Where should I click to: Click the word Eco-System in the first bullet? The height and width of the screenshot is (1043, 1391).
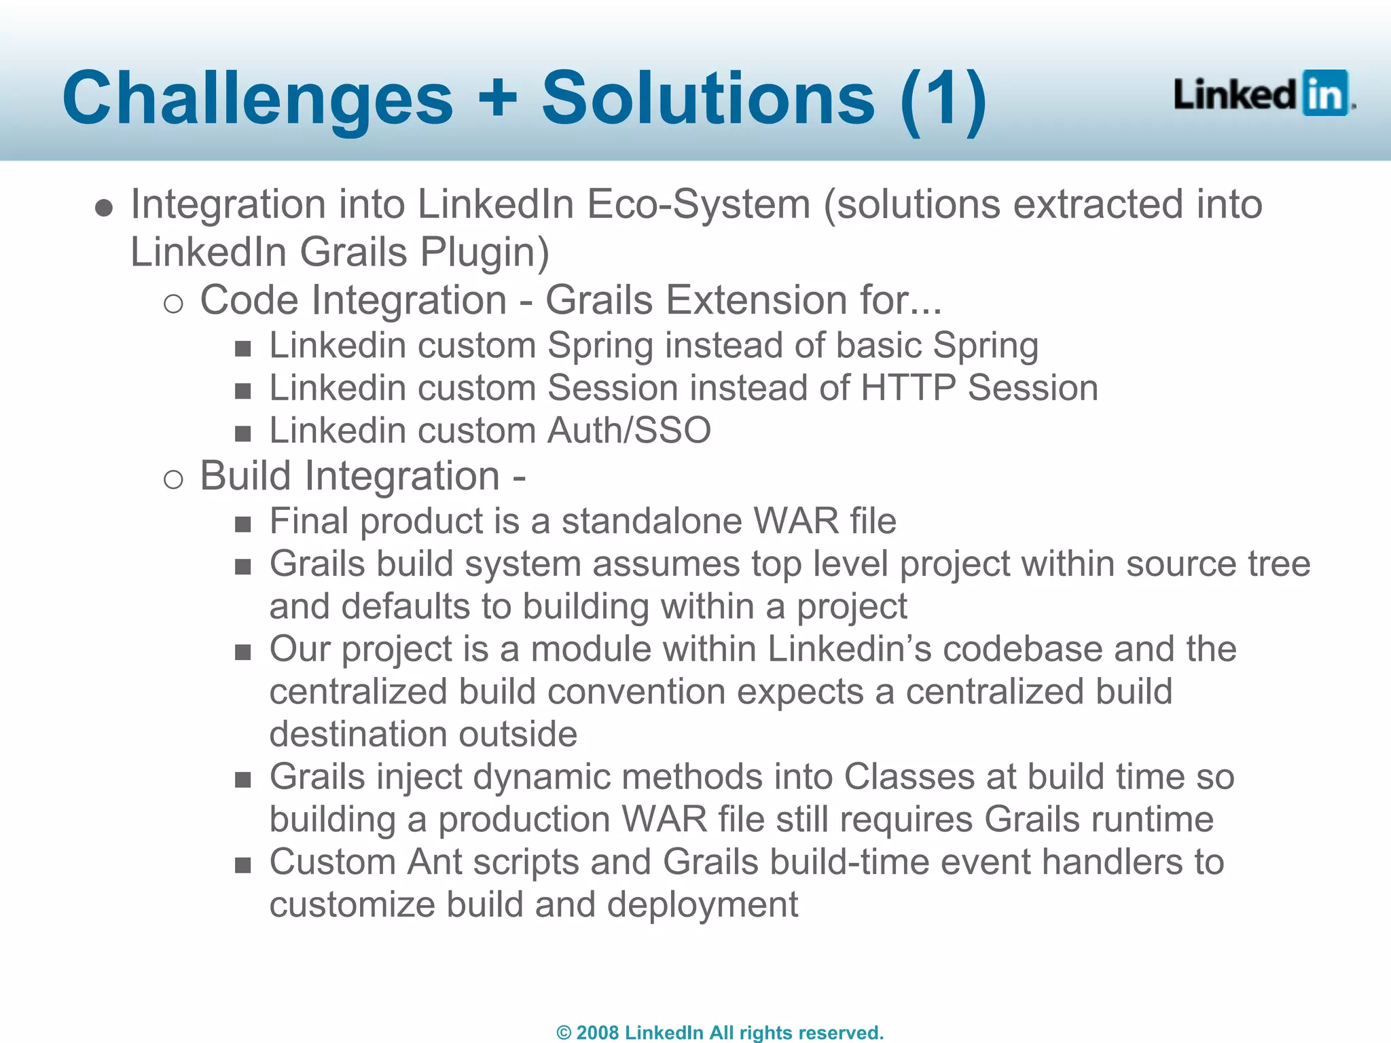pos(699,204)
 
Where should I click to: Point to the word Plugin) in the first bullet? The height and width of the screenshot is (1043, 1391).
pos(484,253)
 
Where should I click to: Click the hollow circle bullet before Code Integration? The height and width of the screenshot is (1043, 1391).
pos(173,304)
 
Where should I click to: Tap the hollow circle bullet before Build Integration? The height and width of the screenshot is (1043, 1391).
pos(173,479)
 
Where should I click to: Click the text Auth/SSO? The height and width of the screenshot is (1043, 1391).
pos(630,431)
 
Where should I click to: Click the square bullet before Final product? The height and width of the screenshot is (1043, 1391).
pos(242,524)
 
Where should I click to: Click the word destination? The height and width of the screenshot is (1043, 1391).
pos(358,735)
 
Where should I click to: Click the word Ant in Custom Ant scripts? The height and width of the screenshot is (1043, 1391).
pos(434,862)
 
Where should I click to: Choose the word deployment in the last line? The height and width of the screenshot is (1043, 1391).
pos(702,906)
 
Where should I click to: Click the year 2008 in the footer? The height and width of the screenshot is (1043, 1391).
pos(597,1033)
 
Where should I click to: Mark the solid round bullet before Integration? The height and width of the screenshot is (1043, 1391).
pos(104,208)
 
